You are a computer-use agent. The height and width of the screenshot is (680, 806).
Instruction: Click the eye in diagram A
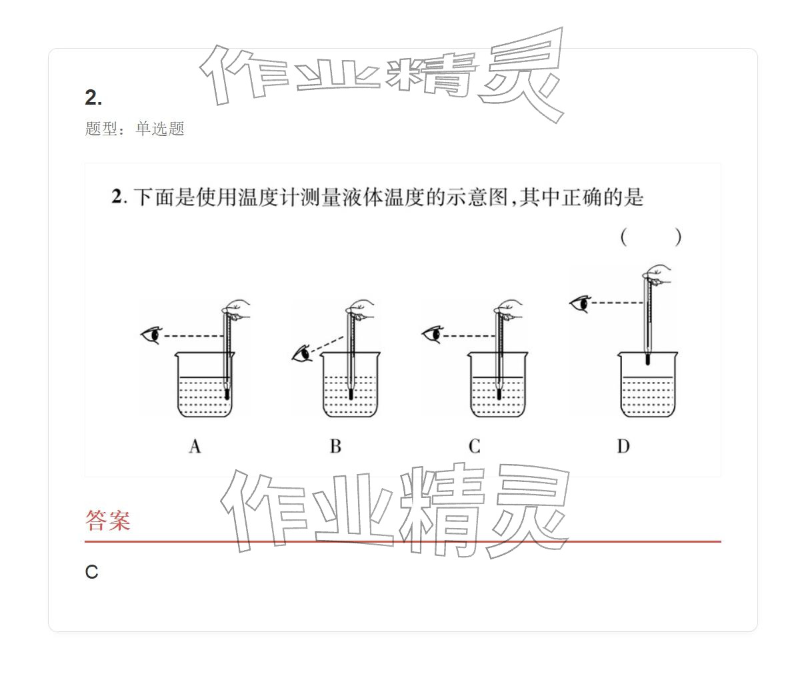(x=151, y=335)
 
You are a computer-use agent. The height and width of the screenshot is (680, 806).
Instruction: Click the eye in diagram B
(x=302, y=353)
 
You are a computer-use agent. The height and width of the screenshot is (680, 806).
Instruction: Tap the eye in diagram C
(x=433, y=334)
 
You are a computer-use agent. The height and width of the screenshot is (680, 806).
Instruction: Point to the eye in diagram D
(x=581, y=304)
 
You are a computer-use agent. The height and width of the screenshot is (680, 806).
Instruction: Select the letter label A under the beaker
(x=195, y=446)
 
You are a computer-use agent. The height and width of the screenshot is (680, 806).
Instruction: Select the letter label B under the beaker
(x=335, y=446)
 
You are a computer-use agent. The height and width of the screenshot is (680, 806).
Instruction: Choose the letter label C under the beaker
(x=475, y=446)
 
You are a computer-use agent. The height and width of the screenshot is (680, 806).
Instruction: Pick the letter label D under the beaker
(x=623, y=446)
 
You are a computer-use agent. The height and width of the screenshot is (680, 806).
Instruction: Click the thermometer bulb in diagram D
(x=647, y=359)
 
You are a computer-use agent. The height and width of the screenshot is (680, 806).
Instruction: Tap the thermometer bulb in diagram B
(x=351, y=394)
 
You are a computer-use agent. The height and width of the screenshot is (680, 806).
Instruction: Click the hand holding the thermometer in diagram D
(x=657, y=277)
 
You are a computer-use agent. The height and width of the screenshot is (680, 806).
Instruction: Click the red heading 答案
(x=108, y=520)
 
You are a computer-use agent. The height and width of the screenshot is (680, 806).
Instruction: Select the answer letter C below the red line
(x=92, y=572)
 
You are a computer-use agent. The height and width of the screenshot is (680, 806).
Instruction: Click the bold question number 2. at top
(x=93, y=98)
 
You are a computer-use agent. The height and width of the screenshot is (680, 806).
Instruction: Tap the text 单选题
(x=160, y=129)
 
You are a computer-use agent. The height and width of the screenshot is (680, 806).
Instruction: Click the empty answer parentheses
(x=650, y=237)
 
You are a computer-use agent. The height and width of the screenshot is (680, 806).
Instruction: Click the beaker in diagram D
(x=647, y=387)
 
